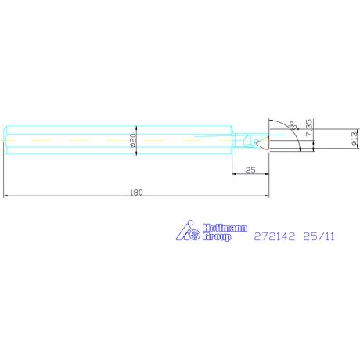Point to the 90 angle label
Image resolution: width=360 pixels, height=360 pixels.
293,125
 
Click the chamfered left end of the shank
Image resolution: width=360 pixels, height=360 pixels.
7,141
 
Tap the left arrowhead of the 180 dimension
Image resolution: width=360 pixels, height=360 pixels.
6,196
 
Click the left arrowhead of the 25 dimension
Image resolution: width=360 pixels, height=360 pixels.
233,174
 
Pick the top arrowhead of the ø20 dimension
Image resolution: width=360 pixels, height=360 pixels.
138,128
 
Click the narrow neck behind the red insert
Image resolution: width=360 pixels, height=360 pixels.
244,141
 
